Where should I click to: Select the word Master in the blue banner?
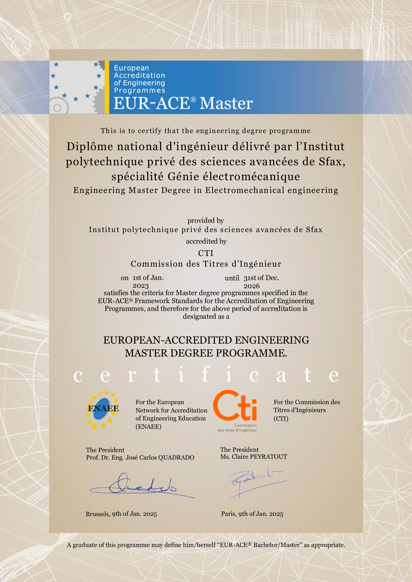226,103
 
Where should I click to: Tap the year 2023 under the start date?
141,286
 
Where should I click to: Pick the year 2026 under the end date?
252,286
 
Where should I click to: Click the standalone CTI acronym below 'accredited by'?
206,253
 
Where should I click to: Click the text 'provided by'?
206,220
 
